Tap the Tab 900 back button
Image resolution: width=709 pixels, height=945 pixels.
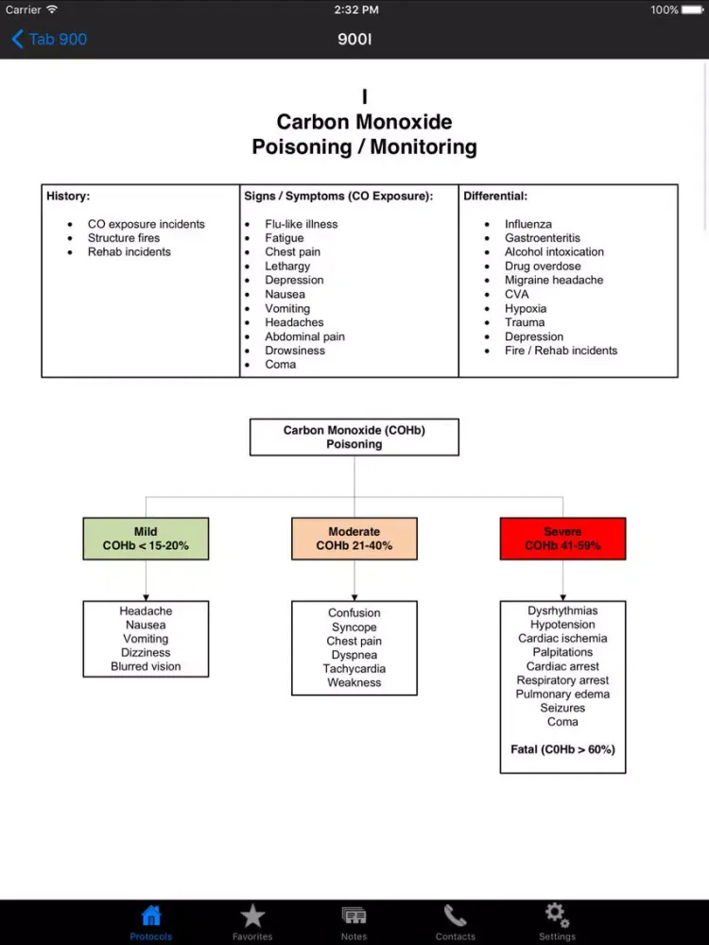(x=49, y=39)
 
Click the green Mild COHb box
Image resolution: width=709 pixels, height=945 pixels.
(x=146, y=539)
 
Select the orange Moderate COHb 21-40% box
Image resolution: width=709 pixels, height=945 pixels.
(x=354, y=539)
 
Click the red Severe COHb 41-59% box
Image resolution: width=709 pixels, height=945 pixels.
(x=562, y=539)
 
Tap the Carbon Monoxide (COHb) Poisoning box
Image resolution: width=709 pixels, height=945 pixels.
(x=354, y=438)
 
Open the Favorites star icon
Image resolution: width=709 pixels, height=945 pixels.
(x=252, y=916)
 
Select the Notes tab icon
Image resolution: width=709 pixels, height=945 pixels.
(x=354, y=916)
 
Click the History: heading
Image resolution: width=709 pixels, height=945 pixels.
(x=68, y=197)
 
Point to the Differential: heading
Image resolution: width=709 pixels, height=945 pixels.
(x=495, y=197)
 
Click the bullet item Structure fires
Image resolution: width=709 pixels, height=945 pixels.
(x=124, y=238)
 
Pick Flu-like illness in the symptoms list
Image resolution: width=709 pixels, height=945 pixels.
(x=301, y=224)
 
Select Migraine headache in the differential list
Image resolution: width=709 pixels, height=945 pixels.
(x=553, y=280)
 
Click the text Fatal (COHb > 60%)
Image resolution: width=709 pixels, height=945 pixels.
(x=562, y=749)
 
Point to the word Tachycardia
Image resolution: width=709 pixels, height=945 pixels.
(x=354, y=669)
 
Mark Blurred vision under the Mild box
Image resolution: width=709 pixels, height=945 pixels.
(x=146, y=666)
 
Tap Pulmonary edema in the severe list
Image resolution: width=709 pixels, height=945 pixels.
(x=562, y=694)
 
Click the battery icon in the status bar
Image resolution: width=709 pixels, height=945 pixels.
(x=693, y=10)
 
